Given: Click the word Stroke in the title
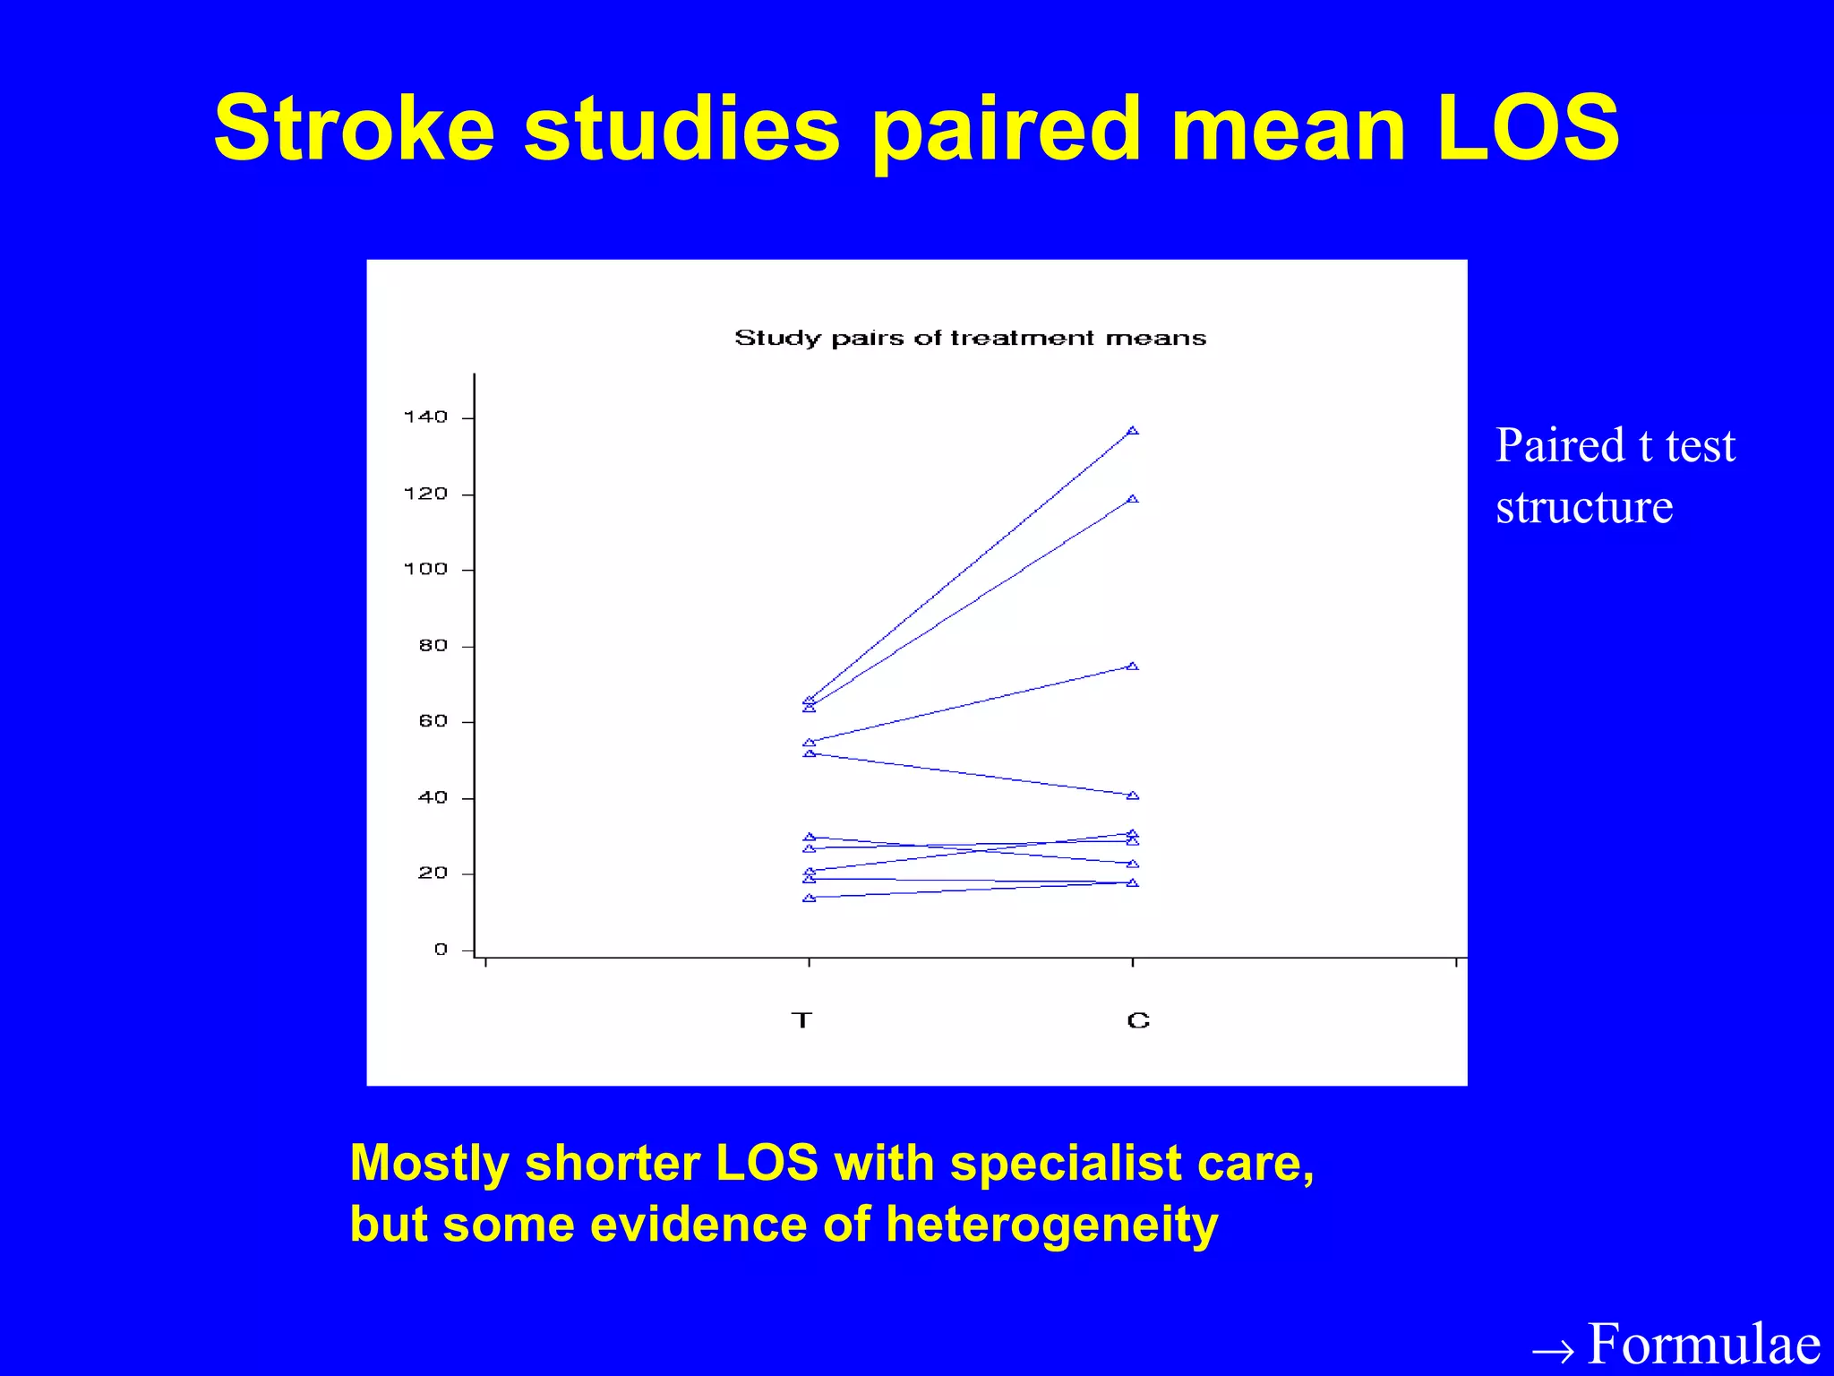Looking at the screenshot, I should coord(354,130).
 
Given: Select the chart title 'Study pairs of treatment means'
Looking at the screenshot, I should coord(970,338).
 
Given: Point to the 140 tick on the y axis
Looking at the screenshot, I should coord(425,417).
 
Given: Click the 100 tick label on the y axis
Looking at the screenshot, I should coord(425,569).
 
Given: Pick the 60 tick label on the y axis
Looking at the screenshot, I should coord(433,721).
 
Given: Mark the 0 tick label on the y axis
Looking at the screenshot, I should coord(441,950).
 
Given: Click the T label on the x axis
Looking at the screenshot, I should coord(801,1020).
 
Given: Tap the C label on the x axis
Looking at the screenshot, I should coord(1137,1020).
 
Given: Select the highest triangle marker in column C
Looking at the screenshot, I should coord(1133,431).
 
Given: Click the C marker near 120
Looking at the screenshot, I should coord(1133,499).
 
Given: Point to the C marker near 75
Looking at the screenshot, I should coord(1133,666).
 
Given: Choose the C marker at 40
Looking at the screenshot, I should coord(1133,795).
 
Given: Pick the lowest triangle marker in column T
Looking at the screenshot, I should coord(810,898).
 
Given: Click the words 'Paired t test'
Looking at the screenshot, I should coord(1615,445).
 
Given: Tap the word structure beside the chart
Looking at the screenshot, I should coord(1583,507).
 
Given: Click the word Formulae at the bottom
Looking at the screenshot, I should coord(1703,1344).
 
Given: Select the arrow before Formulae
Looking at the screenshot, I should coord(1553,1349).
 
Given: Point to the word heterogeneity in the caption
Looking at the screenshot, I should coord(1051,1224).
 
